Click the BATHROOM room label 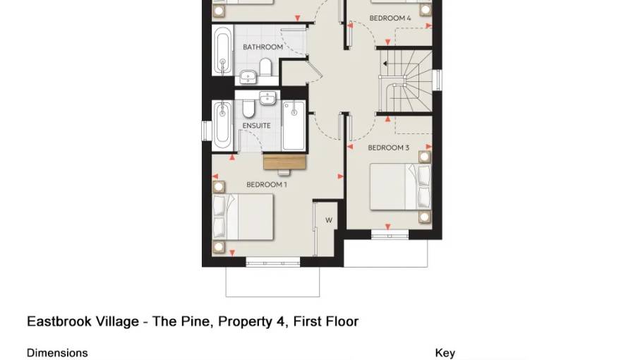click(263, 47)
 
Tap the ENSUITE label click(256, 126)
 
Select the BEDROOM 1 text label click(266, 185)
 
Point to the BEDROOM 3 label click(388, 148)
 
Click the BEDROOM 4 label click(390, 18)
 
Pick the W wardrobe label click(328, 220)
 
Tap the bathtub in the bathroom click(223, 54)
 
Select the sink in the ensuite click(267, 98)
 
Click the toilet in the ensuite click(249, 108)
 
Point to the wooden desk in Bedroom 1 click(286, 162)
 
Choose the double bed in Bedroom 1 click(244, 216)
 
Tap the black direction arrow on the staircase click(385, 64)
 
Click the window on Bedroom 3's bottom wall click(390, 232)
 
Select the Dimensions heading click(57, 353)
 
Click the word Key click(445, 353)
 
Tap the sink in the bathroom click(248, 76)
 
